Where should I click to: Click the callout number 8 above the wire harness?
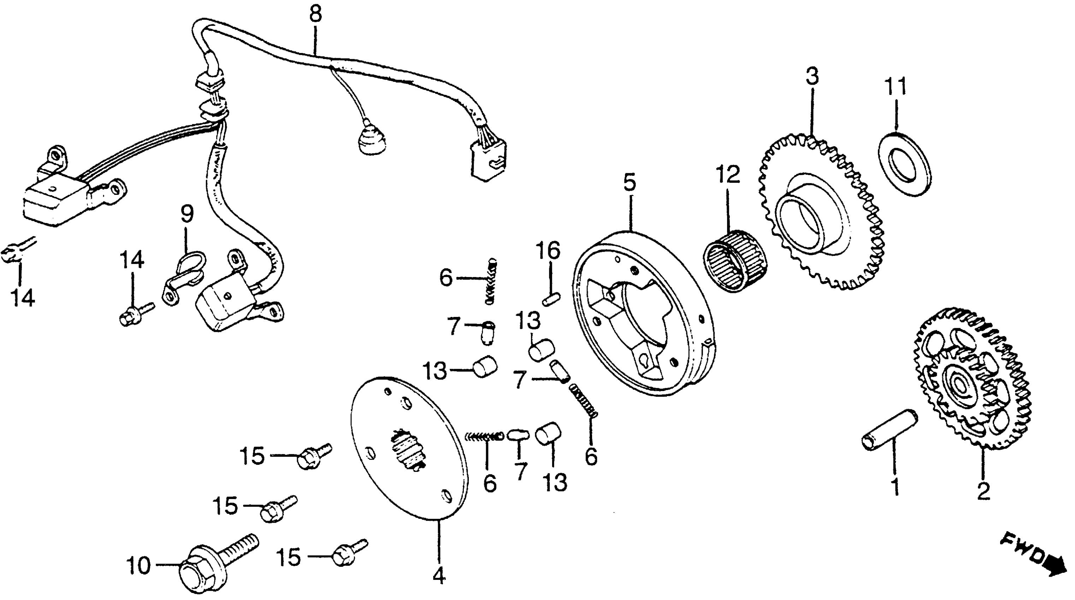[315, 14]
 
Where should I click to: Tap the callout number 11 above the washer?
[896, 87]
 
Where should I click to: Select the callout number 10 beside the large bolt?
[138, 566]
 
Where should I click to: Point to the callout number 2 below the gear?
[984, 492]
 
